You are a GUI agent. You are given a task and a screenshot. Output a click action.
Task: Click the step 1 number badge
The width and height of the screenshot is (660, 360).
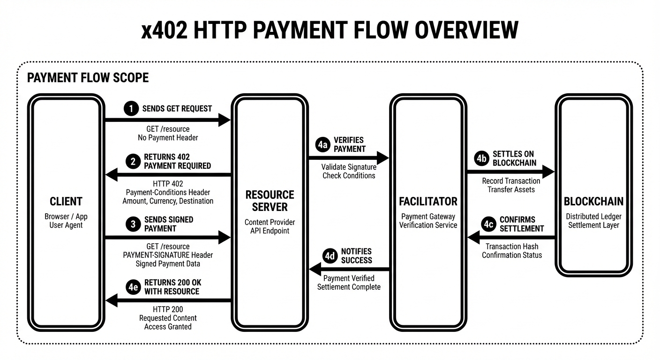(132, 108)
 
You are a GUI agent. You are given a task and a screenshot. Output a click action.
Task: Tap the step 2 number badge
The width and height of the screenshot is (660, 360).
(133, 161)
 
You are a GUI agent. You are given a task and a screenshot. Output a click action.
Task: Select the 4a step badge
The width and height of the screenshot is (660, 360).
(322, 144)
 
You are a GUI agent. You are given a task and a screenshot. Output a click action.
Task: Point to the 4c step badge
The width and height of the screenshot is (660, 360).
(488, 224)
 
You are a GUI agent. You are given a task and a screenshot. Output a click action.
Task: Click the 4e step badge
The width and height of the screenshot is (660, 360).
(133, 287)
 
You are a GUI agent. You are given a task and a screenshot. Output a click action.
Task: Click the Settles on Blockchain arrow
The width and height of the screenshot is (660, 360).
(510, 172)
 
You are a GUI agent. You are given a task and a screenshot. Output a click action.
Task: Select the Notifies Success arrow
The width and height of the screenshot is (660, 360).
(349, 269)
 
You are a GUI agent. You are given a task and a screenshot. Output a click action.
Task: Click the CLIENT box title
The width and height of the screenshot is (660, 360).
(66, 202)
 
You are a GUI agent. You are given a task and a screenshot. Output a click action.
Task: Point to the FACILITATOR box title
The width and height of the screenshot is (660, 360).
(428, 202)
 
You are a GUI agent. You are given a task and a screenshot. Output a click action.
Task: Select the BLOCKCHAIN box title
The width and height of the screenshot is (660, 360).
(593, 202)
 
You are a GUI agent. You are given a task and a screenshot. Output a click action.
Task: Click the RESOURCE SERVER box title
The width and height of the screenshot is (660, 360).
(270, 201)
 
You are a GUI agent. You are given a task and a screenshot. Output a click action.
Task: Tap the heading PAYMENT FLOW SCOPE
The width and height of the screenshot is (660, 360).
(88, 78)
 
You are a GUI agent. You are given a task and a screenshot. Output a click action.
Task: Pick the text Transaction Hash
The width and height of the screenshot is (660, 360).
(512, 247)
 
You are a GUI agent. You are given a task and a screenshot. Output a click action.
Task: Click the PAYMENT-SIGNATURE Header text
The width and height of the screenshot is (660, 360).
(168, 255)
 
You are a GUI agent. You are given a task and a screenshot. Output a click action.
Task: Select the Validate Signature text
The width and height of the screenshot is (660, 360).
(349, 167)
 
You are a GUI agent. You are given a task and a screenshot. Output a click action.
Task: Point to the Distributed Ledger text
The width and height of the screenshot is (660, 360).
(593, 217)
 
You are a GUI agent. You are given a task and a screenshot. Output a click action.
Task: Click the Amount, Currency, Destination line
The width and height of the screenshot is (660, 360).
(168, 201)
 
